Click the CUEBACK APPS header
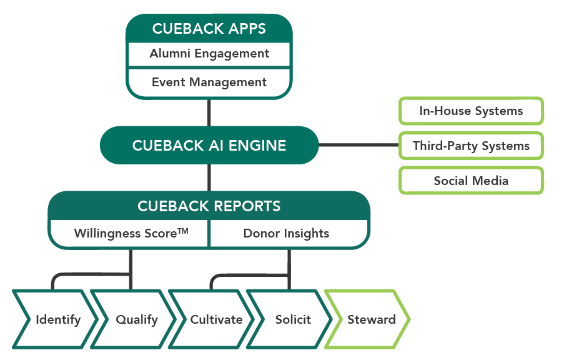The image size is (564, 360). coord(209,29)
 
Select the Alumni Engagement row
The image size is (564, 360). coord(209,54)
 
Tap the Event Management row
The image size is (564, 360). coord(209,82)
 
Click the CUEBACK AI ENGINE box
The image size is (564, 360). coord(209,146)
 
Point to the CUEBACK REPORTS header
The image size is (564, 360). coord(209,206)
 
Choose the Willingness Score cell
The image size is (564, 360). coord(130,234)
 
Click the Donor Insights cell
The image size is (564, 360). coord(286,234)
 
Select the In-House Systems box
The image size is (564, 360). coord(471,111)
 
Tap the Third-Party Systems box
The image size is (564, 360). coord(471,146)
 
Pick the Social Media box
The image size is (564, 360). coord(471,181)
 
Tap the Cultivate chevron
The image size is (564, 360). coord(216,319)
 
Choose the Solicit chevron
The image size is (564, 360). coord(293,319)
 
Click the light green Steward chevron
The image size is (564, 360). coord(371,319)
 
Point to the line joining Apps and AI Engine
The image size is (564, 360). coord(209,112)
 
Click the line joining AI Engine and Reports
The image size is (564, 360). coord(209,177)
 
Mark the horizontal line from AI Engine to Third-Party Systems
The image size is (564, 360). coord(359,146)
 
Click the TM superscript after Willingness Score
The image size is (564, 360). coord(182,231)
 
